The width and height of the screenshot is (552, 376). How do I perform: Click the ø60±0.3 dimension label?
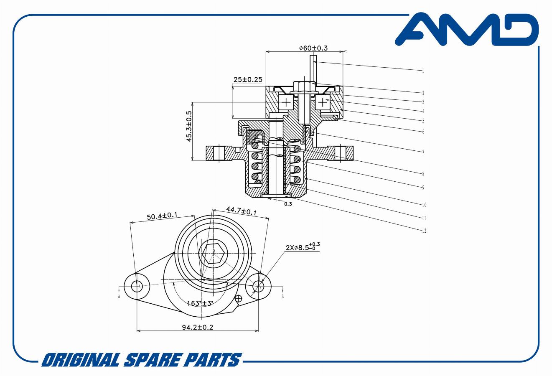click(313, 48)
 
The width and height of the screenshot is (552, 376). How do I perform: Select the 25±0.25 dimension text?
click(248, 79)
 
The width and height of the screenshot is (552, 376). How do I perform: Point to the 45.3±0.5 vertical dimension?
click(189, 127)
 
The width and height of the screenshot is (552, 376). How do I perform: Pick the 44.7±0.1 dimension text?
click(241, 211)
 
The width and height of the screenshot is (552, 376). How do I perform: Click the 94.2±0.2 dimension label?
click(197, 327)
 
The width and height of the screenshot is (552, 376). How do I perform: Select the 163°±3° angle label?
click(200, 303)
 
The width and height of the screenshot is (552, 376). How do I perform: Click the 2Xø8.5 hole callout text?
click(303, 247)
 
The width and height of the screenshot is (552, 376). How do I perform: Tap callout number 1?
click(423, 71)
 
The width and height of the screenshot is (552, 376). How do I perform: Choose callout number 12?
click(424, 231)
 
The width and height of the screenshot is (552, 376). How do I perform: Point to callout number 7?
click(423, 151)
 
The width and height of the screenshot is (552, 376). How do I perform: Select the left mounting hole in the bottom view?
click(137, 286)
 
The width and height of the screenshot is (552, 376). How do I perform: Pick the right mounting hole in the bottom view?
click(259, 286)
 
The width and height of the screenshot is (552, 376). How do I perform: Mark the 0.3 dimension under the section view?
click(288, 204)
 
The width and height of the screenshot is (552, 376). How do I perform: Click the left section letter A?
click(120, 296)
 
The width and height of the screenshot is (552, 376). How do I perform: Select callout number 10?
click(424, 205)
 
